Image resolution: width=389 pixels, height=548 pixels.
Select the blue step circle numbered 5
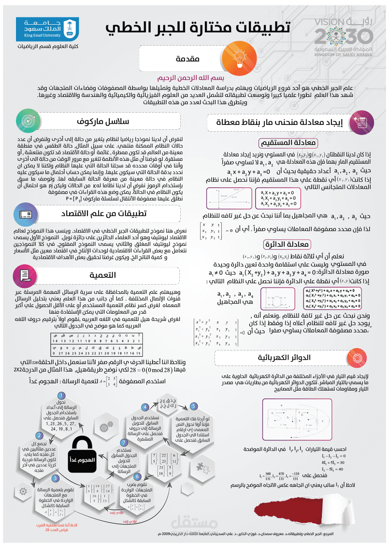[193, 406]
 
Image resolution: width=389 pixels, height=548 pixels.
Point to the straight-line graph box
[229, 198]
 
